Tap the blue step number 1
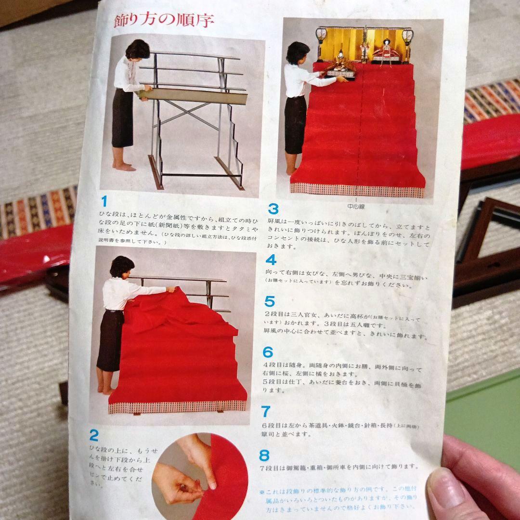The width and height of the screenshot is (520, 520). (104, 201)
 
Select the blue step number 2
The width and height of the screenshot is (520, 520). (94, 436)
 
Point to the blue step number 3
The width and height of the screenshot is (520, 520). (273, 209)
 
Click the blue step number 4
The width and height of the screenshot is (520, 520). (271, 260)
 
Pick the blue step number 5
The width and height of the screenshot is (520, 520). (269, 302)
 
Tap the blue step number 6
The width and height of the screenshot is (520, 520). (268, 352)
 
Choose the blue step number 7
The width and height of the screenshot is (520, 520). (266, 412)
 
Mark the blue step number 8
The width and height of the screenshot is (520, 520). (264, 455)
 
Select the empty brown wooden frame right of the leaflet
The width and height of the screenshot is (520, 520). (486, 250)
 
